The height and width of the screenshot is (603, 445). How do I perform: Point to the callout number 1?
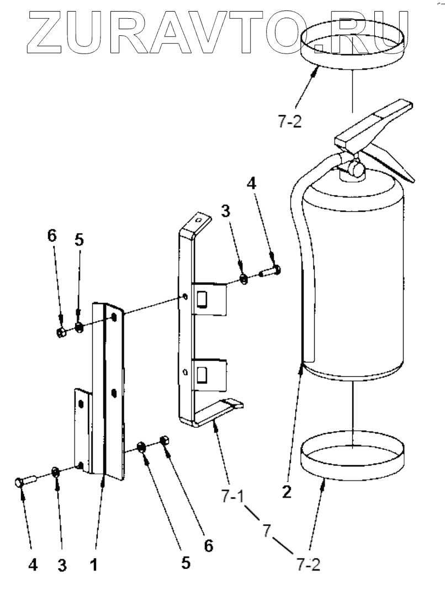(x=94, y=565)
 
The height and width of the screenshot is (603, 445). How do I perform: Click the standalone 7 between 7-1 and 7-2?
(x=266, y=531)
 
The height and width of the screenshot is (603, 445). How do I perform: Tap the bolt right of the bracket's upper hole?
(x=270, y=271)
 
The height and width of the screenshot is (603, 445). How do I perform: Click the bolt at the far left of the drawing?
(x=24, y=481)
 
